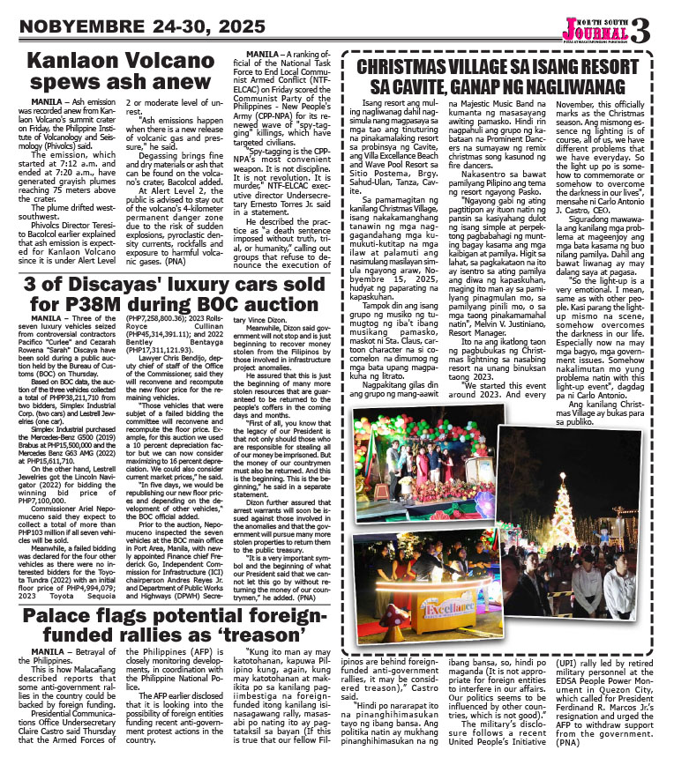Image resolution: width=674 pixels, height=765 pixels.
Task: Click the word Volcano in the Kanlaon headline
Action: point(172,62)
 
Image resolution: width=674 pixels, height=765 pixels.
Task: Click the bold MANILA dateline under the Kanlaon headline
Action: point(45,102)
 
